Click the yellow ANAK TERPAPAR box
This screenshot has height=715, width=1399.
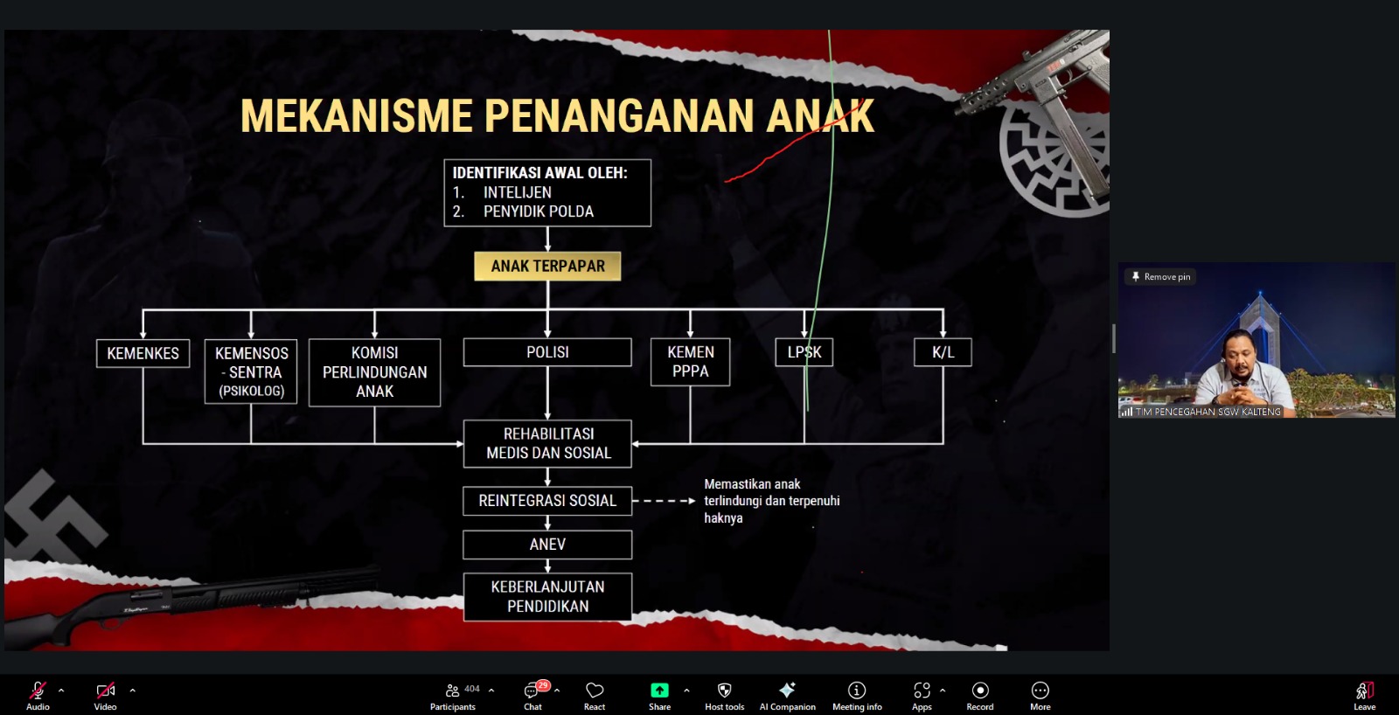pyautogui.click(x=547, y=266)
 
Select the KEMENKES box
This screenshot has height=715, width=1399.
pyautogui.click(x=143, y=353)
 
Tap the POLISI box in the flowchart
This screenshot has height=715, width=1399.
pyautogui.click(x=547, y=352)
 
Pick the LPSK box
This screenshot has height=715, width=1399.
pyautogui.click(x=804, y=352)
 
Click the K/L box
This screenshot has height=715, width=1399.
pyautogui.click(x=943, y=352)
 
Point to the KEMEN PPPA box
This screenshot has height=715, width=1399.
pyautogui.click(x=690, y=362)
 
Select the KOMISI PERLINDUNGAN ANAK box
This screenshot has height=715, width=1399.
pyautogui.click(x=375, y=373)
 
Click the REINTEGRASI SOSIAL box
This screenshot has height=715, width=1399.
pyautogui.click(x=547, y=501)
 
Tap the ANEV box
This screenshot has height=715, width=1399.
pyautogui.click(x=547, y=545)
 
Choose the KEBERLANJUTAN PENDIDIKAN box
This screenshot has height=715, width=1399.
pyautogui.click(x=547, y=597)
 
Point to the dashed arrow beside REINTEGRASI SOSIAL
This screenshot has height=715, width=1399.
pyautogui.click(x=664, y=501)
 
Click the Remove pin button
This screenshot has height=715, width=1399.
pyautogui.click(x=1161, y=276)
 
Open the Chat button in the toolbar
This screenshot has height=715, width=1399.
pyautogui.click(x=533, y=695)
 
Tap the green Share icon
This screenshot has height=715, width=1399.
pyautogui.click(x=659, y=690)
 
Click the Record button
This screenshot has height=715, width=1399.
pyautogui.click(x=980, y=695)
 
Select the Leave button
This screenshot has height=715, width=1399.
pyautogui.click(x=1365, y=695)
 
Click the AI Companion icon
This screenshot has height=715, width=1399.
pyautogui.click(x=787, y=690)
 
